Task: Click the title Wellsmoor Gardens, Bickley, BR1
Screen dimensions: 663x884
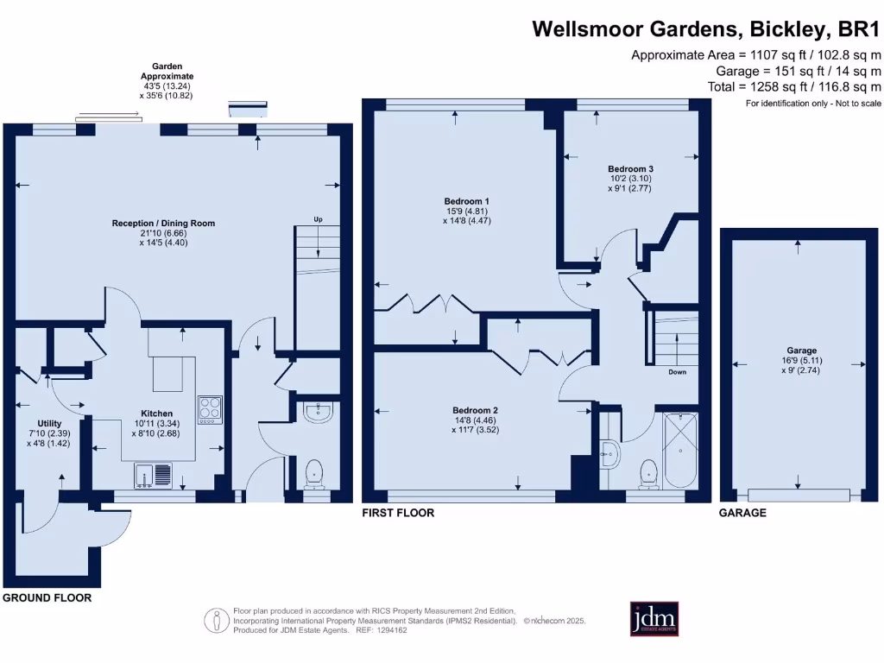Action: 706,28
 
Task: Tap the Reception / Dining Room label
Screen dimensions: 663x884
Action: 163,224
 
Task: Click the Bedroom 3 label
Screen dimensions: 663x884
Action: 630,168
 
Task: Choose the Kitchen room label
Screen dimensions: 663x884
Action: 157,414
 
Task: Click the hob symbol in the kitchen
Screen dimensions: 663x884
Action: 210,409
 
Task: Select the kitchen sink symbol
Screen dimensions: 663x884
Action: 154,475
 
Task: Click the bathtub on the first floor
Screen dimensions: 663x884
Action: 681,449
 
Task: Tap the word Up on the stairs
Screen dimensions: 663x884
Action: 318,219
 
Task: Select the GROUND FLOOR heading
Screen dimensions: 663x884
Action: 47,597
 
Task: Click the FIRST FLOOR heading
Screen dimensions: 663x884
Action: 397,513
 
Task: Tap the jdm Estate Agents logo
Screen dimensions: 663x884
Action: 654,619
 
